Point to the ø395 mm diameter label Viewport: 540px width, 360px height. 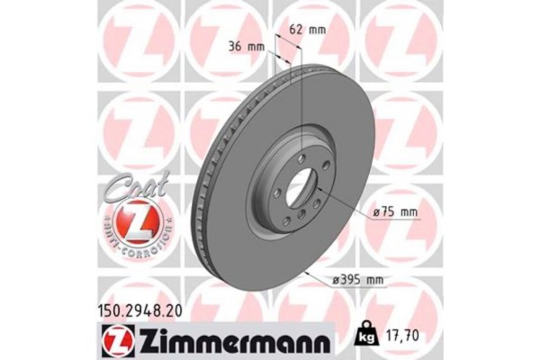[x=357, y=279]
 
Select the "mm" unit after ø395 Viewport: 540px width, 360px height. [x=373, y=279]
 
